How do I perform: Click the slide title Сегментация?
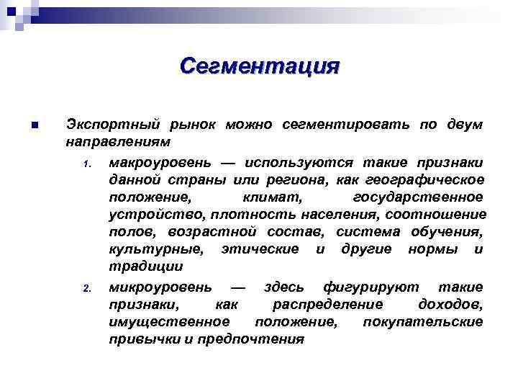coord(259,66)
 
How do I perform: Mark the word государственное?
coord(419,197)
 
